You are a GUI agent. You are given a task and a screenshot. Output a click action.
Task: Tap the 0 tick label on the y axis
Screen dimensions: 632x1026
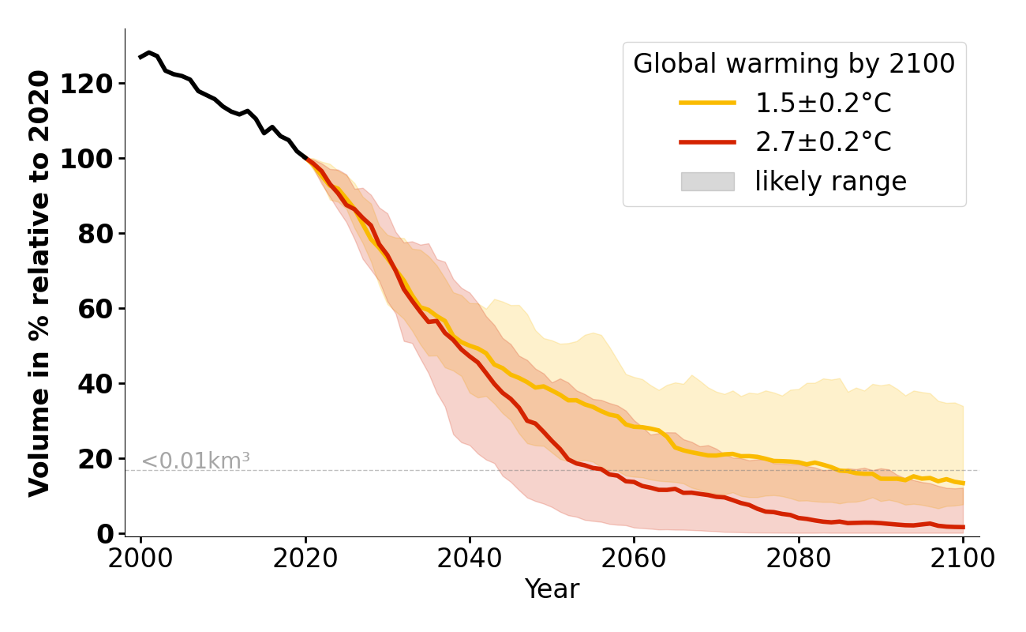point(104,534)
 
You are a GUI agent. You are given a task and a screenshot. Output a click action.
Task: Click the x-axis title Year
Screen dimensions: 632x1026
point(552,589)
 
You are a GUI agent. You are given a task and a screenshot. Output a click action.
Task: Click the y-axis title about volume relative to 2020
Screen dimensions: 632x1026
point(39,283)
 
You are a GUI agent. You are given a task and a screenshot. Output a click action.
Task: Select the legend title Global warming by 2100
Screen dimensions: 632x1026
point(794,64)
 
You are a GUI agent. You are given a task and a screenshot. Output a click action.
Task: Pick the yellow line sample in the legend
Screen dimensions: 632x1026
point(707,103)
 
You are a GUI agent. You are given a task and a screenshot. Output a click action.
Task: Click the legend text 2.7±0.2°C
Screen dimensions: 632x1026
point(823,142)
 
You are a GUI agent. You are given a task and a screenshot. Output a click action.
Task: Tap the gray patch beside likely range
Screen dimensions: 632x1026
point(707,182)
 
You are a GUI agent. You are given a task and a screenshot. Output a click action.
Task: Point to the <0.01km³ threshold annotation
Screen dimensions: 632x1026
point(195,461)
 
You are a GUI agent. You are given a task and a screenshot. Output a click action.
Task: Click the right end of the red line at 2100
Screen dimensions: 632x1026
point(963,527)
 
